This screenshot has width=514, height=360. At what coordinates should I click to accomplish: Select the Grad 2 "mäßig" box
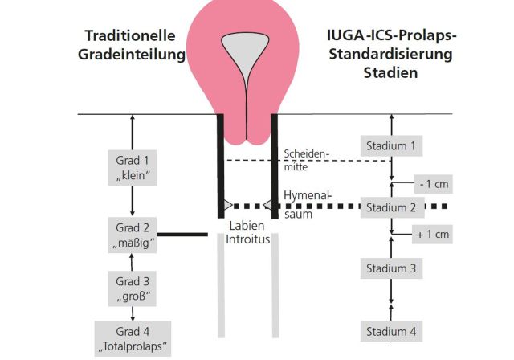[133, 233]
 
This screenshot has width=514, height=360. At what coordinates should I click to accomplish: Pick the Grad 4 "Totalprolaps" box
[133, 337]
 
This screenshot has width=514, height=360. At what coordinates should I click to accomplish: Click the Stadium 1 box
[391, 146]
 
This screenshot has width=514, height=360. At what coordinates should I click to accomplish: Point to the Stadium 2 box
[391, 207]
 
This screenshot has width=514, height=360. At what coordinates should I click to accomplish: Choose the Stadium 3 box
[391, 268]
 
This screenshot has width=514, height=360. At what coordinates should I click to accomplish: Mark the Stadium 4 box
[391, 331]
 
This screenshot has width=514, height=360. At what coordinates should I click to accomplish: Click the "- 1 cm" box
[434, 184]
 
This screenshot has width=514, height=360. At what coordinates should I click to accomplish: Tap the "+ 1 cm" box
[434, 235]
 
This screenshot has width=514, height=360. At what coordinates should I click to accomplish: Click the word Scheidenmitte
[306, 159]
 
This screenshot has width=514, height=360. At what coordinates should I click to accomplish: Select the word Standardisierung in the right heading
[391, 55]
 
